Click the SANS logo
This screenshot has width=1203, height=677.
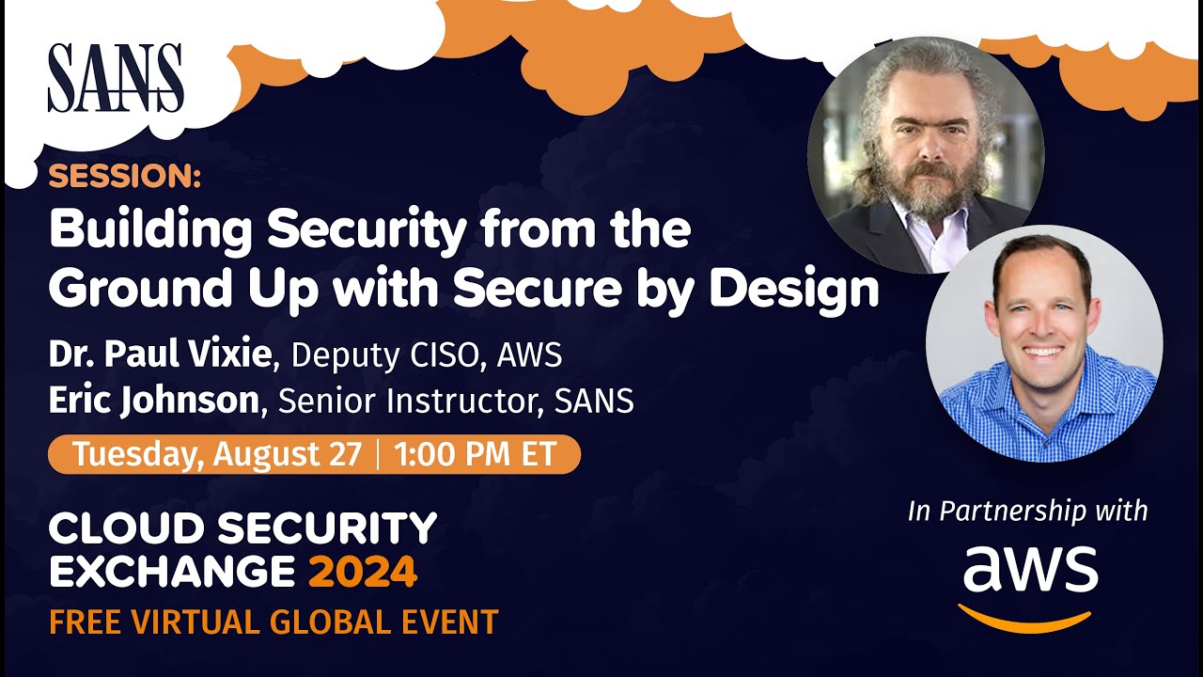tap(116, 78)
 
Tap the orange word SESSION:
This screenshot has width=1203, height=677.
tap(124, 176)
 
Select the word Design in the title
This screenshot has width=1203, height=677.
tap(794, 290)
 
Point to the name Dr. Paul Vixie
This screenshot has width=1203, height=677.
tap(160, 354)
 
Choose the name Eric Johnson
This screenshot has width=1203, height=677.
tap(153, 401)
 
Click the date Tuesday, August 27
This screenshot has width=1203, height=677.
tap(217, 454)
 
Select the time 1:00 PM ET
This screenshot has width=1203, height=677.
tap(476, 454)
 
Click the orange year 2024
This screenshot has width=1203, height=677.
tap(363, 572)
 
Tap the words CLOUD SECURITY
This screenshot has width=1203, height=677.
tap(242, 529)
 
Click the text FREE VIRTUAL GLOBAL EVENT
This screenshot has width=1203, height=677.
tap(273, 622)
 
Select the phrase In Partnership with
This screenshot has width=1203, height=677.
tap(1027, 511)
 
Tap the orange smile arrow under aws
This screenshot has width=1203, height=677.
tap(1026, 618)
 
